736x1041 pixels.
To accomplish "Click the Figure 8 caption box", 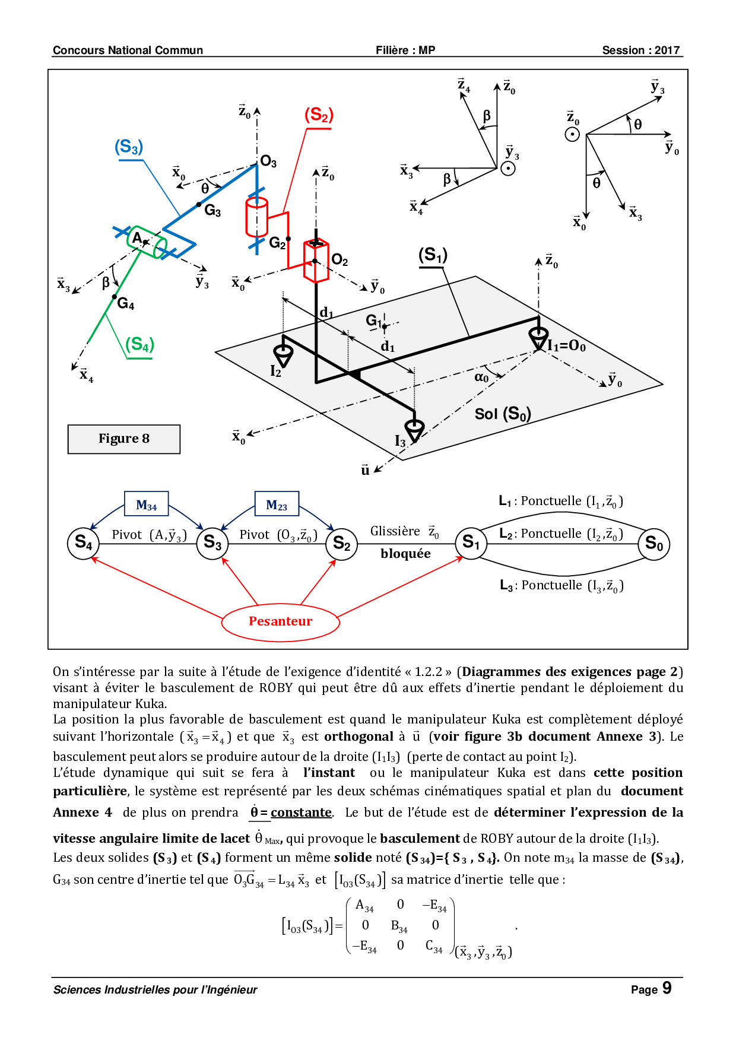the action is tap(124, 439).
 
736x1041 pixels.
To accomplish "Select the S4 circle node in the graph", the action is tap(83, 542).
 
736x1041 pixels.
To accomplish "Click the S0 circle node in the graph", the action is tap(653, 544).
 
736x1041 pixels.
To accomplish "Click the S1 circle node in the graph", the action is tap(471, 542).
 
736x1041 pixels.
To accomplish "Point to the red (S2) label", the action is tap(319, 115).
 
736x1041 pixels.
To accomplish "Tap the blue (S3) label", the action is tap(129, 147).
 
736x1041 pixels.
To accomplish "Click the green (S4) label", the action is tap(139, 345).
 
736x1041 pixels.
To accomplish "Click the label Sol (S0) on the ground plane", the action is tap(503, 414).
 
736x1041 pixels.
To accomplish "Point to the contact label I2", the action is tap(276, 372).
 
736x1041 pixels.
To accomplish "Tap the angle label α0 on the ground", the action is tap(481, 377).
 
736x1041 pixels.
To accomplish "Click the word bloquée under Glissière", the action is tap(406, 554).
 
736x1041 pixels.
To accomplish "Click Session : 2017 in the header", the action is tap(641, 50).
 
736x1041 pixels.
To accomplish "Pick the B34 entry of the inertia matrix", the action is tap(399, 926).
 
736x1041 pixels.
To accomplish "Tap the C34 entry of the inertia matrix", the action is tap(434, 947).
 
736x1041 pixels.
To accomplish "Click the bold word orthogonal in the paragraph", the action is tap(359, 737).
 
